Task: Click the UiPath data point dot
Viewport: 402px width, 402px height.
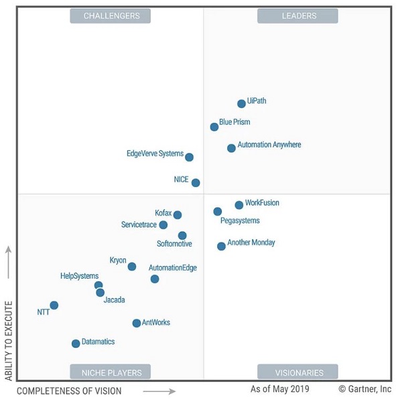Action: point(241,103)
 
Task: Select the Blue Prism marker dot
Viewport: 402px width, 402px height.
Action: point(214,127)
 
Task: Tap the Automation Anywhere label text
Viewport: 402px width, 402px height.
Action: point(269,145)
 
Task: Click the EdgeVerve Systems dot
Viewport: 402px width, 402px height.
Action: point(189,157)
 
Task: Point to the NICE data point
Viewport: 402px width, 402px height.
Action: point(196,182)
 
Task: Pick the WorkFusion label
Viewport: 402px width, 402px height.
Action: point(262,203)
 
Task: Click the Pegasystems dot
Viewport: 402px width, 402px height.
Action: point(218,212)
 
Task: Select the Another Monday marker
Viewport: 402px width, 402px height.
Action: point(221,247)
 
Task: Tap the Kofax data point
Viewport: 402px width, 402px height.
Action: point(178,215)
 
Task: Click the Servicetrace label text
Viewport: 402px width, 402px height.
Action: point(139,224)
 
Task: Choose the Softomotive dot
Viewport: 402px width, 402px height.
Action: point(182,235)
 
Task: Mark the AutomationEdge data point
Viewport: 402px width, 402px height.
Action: point(155,279)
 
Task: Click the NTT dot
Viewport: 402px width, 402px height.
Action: point(54,306)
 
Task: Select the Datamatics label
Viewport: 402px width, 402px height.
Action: point(98,342)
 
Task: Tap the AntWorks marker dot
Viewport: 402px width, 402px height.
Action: point(137,323)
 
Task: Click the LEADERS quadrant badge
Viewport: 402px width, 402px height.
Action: point(297,15)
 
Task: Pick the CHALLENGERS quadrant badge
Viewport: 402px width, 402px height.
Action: point(111,15)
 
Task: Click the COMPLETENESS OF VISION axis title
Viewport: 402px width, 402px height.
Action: point(69,391)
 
